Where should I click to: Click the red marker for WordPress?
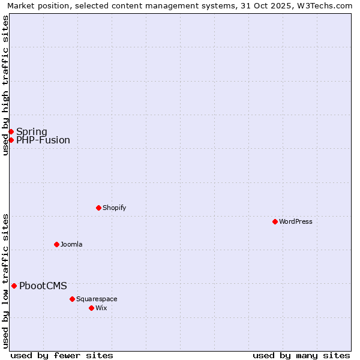[275, 221]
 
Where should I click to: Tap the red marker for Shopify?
[98, 208]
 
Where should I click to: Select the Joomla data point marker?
[56, 244]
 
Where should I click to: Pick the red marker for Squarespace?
[72, 299]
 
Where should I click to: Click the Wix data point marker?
[91, 308]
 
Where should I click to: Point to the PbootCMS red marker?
[14, 286]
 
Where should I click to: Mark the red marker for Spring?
[11, 131]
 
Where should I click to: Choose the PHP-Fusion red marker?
[11, 140]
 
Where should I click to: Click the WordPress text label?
[296, 221]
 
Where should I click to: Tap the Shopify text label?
[114, 208]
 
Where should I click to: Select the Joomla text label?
[71, 244]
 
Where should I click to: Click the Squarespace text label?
[97, 299]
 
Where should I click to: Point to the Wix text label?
[101, 308]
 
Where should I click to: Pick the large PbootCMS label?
[43, 286]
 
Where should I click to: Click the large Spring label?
[32, 131]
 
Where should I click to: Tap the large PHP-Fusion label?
[43, 140]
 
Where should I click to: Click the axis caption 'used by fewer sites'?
[62, 355]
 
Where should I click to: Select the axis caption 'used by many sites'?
[301, 355]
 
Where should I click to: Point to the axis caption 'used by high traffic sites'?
[5, 85]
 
